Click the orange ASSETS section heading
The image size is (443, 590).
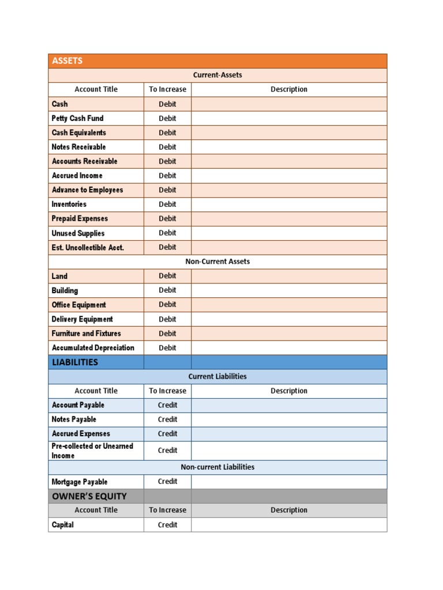(67, 61)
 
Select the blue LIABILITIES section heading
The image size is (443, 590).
(75, 362)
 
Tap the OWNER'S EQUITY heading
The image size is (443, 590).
(89, 496)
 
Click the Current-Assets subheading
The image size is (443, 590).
(217, 75)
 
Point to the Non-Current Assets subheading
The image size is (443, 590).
(217, 262)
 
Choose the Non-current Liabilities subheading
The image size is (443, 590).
(217, 467)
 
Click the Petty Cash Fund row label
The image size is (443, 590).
(78, 118)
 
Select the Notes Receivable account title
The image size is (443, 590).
(79, 147)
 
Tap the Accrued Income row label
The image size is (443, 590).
(77, 176)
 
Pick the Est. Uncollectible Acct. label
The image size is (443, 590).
(88, 248)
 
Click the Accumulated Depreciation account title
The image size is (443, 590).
(93, 348)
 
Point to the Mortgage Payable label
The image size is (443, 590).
(80, 482)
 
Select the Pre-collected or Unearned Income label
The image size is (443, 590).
(92, 451)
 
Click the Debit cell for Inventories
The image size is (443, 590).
(167, 204)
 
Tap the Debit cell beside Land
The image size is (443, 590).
(167, 276)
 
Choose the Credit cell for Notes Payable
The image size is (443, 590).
(167, 419)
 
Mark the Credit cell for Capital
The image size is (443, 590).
(167, 525)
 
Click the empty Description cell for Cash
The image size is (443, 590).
(289, 104)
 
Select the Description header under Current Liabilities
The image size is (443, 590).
(289, 391)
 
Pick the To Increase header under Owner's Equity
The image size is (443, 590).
(167, 510)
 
